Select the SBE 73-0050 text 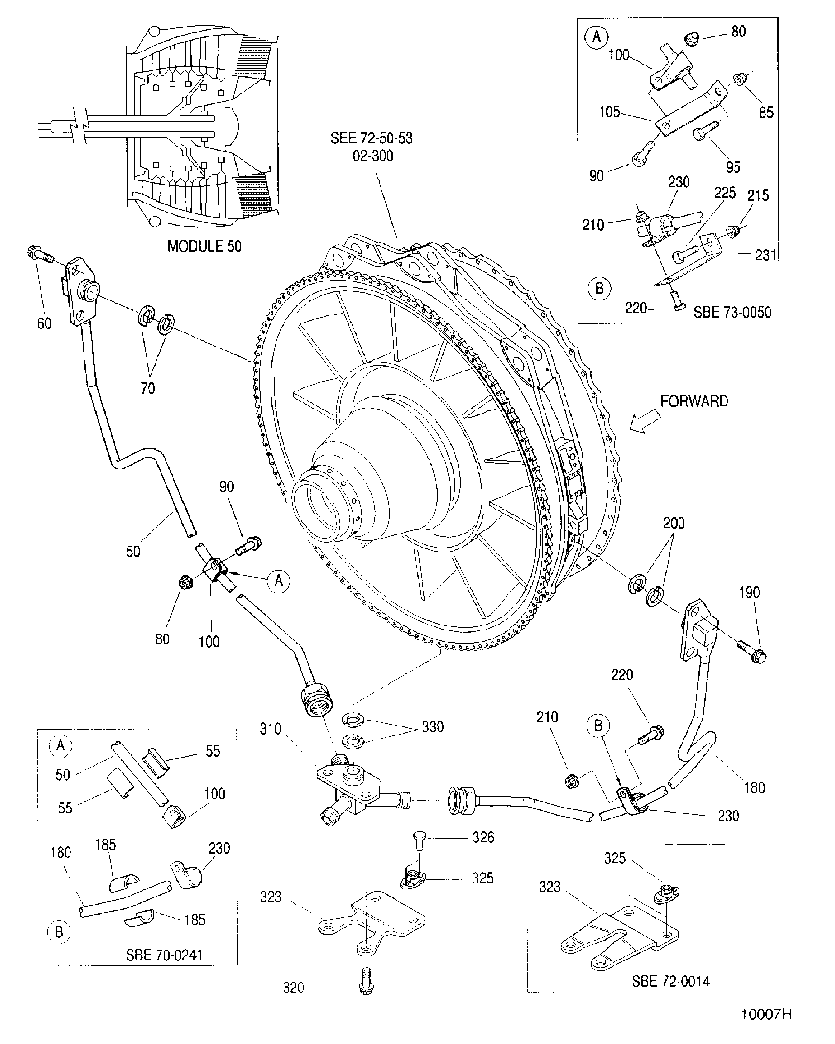click(732, 312)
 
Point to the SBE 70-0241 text click(164, 955)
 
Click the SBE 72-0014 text click(670, 981)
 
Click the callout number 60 click(44, 323)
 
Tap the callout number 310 click(270, 729)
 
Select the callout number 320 click(293, 987)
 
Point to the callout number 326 click(483, 837)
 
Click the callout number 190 click(749, 592)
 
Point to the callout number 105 click(609, 112)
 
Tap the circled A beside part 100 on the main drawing click(278, 580)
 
